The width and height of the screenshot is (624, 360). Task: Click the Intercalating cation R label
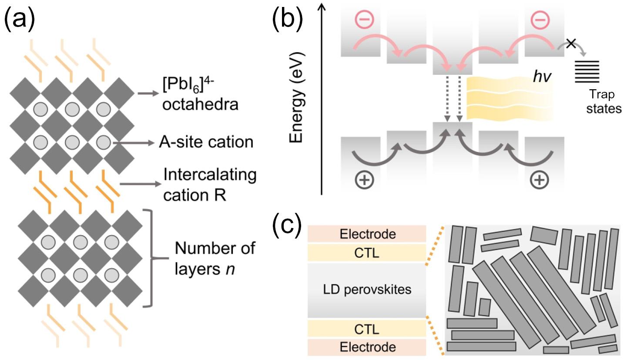(210, 185)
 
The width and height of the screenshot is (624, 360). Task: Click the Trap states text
(603, 101)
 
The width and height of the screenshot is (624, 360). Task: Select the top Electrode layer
(366, 234)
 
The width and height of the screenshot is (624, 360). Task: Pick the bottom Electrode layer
(366, 347)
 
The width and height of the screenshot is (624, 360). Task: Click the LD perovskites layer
(366, 289)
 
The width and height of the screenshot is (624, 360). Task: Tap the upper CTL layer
(366, 253)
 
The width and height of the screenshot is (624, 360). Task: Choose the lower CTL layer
(366, 328)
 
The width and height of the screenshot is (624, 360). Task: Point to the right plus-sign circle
(540, 180)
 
